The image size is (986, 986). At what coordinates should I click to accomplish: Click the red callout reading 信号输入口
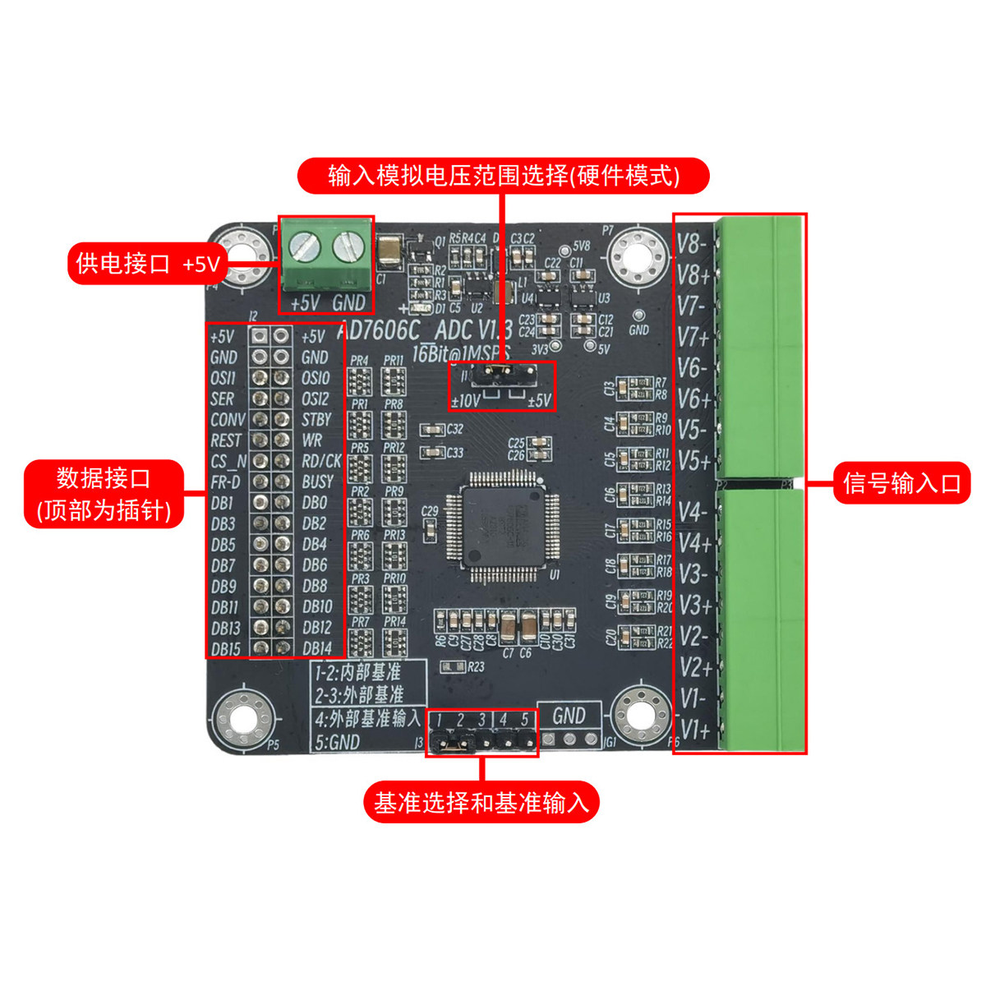pos(901,483)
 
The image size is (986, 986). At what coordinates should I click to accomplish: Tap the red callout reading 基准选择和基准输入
pos(481,802)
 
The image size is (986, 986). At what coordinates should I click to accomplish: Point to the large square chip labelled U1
pos(501,526)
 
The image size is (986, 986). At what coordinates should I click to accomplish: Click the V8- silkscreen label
pos(693,243)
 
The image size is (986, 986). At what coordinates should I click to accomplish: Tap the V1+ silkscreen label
pos(694,730)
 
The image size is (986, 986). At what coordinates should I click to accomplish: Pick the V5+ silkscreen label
pos(694,461)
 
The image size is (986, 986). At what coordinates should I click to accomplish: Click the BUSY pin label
pos(318,481)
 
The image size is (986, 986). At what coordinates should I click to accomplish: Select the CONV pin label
pos(228,420)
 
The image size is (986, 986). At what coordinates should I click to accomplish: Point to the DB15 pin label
pos(226,648)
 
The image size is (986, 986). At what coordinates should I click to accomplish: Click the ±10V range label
pos(465,401)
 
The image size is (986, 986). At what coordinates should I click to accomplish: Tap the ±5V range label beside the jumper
pos(538,401)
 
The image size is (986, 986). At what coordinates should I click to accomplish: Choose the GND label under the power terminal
pos(348,303)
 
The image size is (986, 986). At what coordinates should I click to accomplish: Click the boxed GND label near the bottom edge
pos(569,716)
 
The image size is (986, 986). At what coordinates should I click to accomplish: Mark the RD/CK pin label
pos(321,461)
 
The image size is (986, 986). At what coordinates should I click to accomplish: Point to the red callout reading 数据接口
pos(104,493)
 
